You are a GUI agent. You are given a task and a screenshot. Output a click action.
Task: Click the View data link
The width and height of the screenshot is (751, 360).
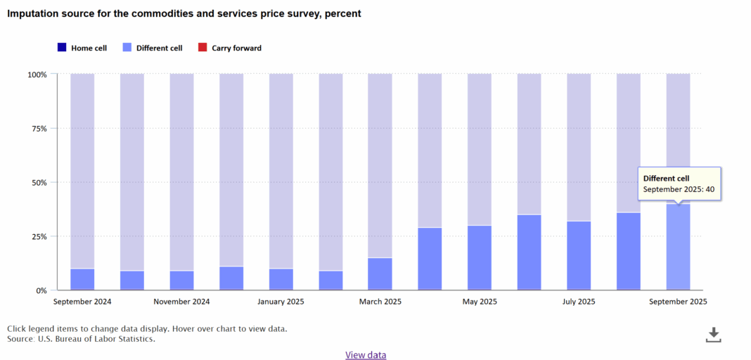coord(366,355)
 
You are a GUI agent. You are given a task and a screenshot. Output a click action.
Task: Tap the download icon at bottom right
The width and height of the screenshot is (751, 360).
coord(713,335)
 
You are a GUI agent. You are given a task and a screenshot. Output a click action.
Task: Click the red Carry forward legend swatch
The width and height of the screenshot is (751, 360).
coord(203,48)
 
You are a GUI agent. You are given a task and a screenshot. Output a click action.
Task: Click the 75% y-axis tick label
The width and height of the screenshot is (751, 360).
coord(39,129)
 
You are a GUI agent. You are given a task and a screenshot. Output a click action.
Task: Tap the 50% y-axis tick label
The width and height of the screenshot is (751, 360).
coord(39,183)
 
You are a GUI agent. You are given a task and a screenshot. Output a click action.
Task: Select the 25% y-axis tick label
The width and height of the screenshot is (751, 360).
coord(39,237)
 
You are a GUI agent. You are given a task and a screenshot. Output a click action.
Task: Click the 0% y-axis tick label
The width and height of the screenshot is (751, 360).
coord(41,290)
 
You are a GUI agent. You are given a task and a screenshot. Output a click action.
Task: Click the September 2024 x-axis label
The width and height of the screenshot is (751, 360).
coord(82,302)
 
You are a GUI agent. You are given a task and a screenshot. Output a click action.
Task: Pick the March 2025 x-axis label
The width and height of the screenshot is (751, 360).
coord(380,302)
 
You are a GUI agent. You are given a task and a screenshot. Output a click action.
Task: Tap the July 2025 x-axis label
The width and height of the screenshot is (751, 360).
coord(579,302)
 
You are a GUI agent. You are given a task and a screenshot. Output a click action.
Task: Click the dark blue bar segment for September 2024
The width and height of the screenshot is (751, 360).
coord(82,279)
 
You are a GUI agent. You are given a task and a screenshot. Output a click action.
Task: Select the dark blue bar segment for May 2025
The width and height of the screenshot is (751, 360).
coord(480,258)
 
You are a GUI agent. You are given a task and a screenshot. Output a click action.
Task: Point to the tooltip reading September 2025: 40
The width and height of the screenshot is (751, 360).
coord(679,184)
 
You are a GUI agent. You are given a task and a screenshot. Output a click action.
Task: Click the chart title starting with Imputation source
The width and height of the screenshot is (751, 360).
coord(184,13)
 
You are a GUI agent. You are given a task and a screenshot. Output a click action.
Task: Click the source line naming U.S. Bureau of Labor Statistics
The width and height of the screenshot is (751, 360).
coord(81,339)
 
